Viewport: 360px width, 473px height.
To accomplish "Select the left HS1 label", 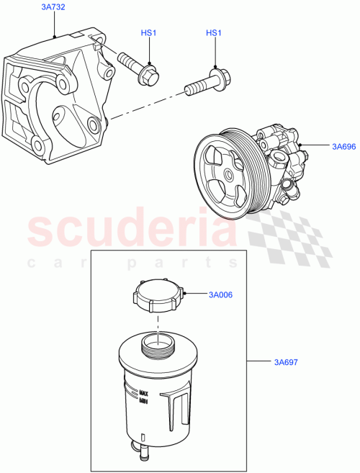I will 149,34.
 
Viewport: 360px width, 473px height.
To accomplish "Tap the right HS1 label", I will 214,34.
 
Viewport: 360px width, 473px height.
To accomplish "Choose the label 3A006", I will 221,294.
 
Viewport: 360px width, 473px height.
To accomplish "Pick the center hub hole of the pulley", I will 228,174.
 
